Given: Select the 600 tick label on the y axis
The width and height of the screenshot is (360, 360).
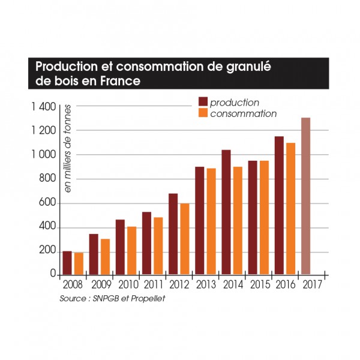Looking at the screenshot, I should pyautogui.click(x=47, y=203).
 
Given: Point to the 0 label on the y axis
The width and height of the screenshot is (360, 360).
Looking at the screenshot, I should pyautogui.click(x=53, y=274).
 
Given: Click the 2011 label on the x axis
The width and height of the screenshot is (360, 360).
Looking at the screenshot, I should pyautogui.click(x=151, y=285).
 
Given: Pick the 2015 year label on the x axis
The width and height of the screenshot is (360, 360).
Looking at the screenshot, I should pyautogui.click(x=258, y=285).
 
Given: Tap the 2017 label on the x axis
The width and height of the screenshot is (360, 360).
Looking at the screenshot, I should pyautogui.click(x=311, y=285).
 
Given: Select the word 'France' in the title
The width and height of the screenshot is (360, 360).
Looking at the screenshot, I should pyautogui.click(x=120, y=80).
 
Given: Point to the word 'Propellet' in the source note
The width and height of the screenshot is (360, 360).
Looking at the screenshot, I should pyautogui.click(x=146, y=298).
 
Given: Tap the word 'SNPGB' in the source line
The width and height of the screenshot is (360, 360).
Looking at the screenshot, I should pyautogui.click(x=106, y=298).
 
